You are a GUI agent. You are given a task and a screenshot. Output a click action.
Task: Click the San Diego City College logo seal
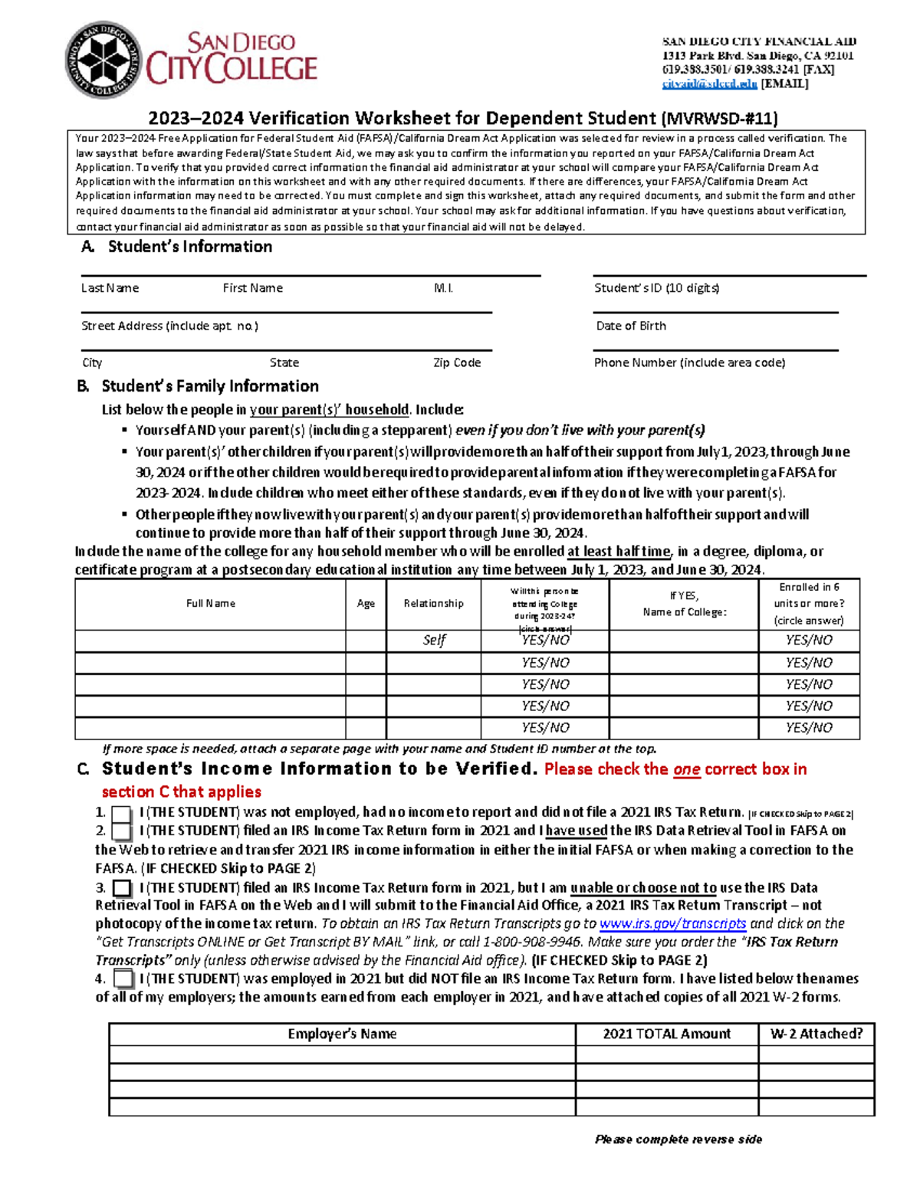click(x=104, y=60)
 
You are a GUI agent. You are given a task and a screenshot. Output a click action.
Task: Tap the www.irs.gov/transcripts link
click(x=672, y=924)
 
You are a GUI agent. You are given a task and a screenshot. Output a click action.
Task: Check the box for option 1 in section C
click(x=121, y=814)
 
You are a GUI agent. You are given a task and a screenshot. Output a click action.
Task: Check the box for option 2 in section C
click(x=121, y=831)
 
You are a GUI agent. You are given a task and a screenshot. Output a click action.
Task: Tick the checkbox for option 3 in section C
click(x=122, y=889)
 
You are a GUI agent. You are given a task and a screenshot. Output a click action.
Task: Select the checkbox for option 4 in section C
click(x=123, y=979)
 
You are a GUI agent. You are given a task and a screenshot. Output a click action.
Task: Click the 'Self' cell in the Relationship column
click(x=434, y=641)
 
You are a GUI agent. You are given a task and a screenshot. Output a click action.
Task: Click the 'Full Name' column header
click(x=211, y=604)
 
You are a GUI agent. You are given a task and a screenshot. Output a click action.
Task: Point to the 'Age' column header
click(x=366, y=604)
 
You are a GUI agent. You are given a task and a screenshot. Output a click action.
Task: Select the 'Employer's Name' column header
click(x=342, y=1034)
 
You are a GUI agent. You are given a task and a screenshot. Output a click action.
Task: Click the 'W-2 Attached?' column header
click(x=816, y=1034)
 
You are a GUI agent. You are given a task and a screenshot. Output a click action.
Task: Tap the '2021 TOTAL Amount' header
click(x=666, y=1034)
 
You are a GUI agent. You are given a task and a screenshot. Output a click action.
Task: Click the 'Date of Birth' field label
click(x=631, y=326)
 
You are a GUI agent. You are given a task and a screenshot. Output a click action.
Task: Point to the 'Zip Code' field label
click(x=457, y=363)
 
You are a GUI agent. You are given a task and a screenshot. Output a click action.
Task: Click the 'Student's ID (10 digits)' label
click(x=656, y=288)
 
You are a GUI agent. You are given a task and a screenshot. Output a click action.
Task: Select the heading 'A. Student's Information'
click(x=177, y=247)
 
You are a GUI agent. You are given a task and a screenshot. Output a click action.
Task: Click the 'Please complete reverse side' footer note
click(x=678, y=1139)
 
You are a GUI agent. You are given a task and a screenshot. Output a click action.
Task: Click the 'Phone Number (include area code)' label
click(x=689, y=363)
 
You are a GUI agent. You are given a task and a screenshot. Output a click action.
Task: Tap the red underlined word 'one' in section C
click(x=686, y=769)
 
